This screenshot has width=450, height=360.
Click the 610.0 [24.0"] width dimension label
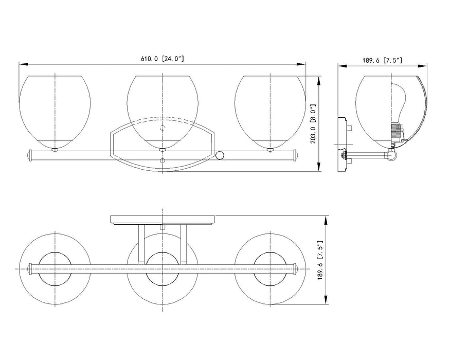162,59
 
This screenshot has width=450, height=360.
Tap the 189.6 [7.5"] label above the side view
382,60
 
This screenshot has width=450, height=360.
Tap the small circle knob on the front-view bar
220,155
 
